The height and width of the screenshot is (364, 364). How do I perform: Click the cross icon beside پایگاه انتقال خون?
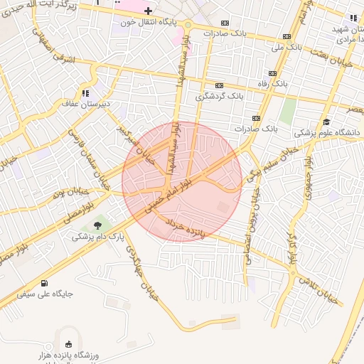148,11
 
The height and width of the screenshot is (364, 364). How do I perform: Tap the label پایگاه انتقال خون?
148,22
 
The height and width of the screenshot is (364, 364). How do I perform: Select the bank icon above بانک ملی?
287,36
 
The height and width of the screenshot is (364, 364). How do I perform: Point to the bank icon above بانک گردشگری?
219,85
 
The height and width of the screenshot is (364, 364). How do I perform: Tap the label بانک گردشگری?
220,95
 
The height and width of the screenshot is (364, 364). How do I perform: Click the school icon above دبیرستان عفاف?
86,92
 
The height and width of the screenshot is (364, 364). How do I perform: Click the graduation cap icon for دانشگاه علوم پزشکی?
326,122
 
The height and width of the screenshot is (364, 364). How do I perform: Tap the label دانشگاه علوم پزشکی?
327,133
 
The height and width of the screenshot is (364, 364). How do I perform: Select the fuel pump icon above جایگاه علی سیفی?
46,282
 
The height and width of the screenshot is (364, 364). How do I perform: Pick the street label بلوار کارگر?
292,242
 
